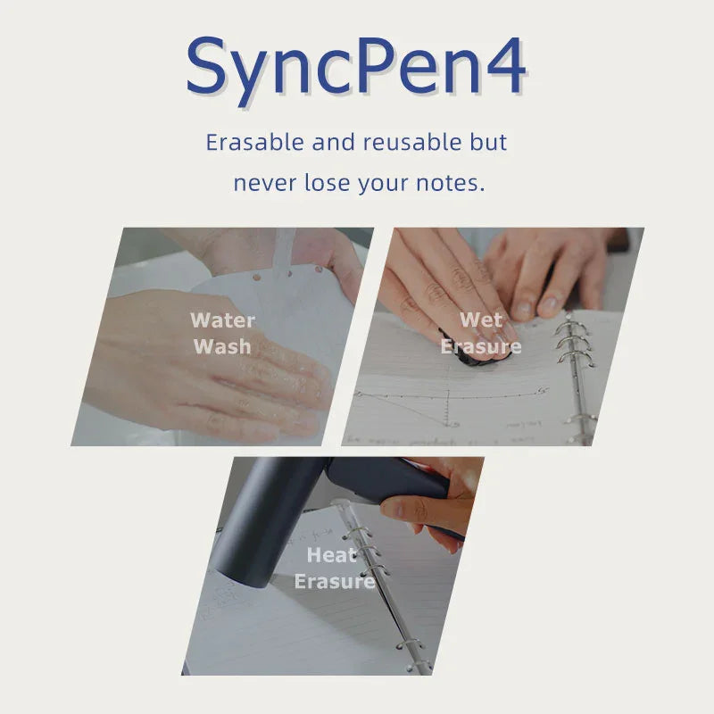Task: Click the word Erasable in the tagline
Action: (x=256, y=142)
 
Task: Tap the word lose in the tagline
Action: (x=328, y=184)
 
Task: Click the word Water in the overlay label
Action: (x=223, y=320)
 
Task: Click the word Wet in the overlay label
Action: (x=481, y=320)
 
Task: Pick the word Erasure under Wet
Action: (x=481, y=345)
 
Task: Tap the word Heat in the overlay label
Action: (x=332, y=555)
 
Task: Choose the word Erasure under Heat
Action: (x=335, y=582)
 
